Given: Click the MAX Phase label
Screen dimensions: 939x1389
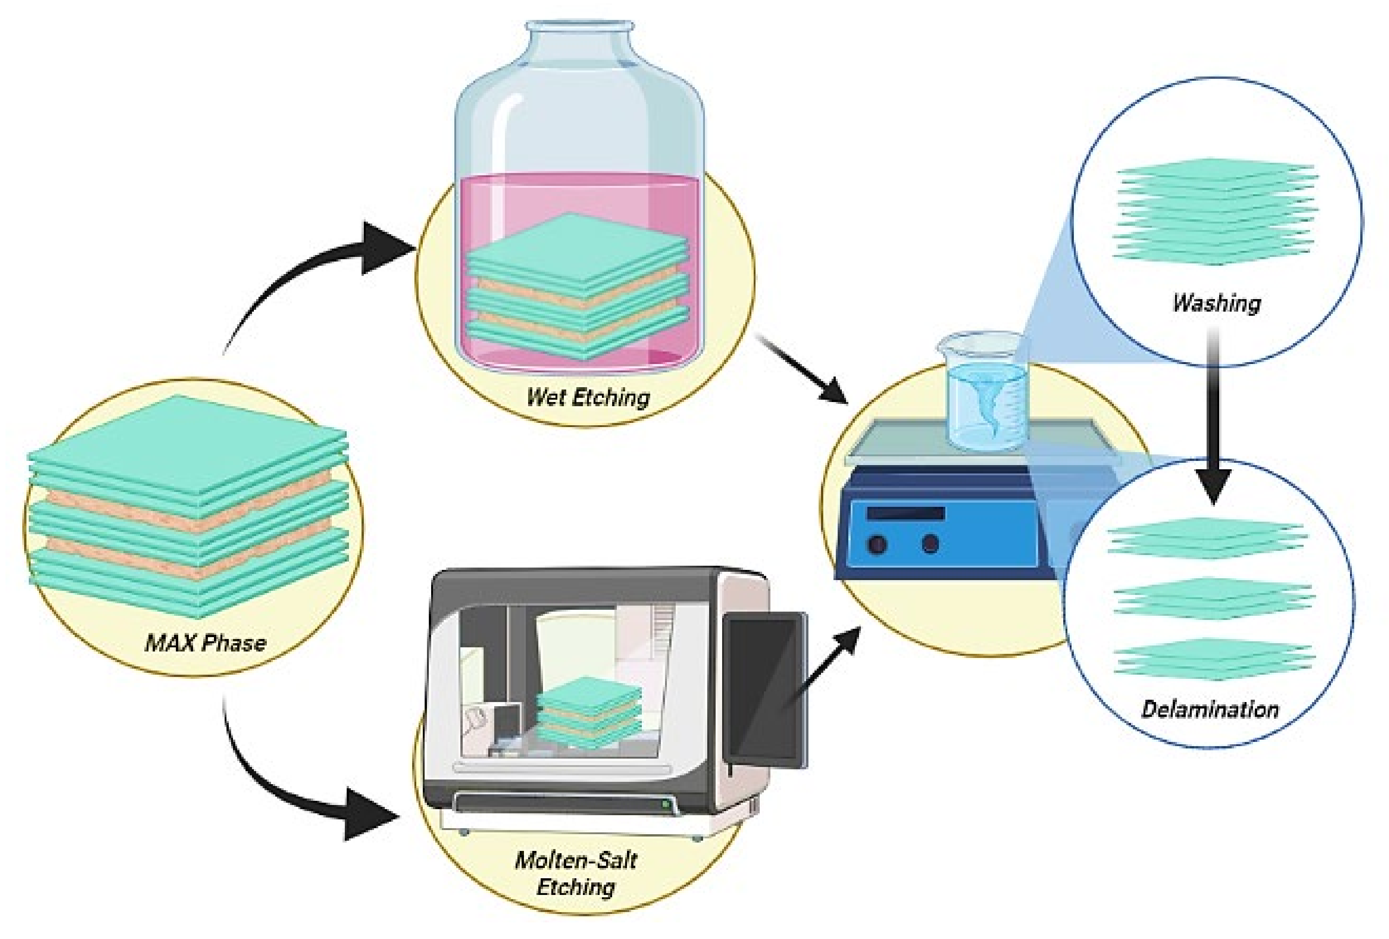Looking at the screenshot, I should (x=205, y=643).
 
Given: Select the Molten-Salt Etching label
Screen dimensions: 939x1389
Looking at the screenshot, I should (x=575, y=873).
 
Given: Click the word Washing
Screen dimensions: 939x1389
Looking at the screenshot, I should (x=1217, y=303).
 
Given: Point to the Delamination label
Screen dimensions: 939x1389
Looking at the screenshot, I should (x=1210, y=709).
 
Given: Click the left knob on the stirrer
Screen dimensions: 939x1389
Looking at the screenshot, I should (x=877, y=545).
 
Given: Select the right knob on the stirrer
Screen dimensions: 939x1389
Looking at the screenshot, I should (x=930, y=543).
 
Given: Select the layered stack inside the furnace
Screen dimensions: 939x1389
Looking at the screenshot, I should (x=589, y=711).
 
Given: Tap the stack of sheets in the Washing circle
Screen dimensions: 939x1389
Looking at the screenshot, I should (x=1215, y=212).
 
